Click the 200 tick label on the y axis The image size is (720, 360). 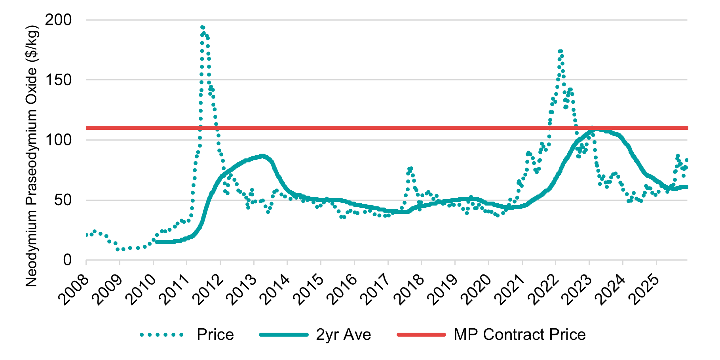[x=59, y=20]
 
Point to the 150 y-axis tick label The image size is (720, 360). [x=59, y=80]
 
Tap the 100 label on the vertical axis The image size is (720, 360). [x=59, y=140]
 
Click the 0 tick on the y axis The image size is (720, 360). [x=68, y=260]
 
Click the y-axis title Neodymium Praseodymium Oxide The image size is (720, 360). [x=32, y=156]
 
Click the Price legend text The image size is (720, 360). [x=215, y=335]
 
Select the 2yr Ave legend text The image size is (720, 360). [x=343, y=335]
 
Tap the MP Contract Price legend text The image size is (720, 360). [x=519, y=335]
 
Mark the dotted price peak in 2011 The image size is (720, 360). [x=203, y=28]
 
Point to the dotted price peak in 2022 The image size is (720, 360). [x=560, y=51]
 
